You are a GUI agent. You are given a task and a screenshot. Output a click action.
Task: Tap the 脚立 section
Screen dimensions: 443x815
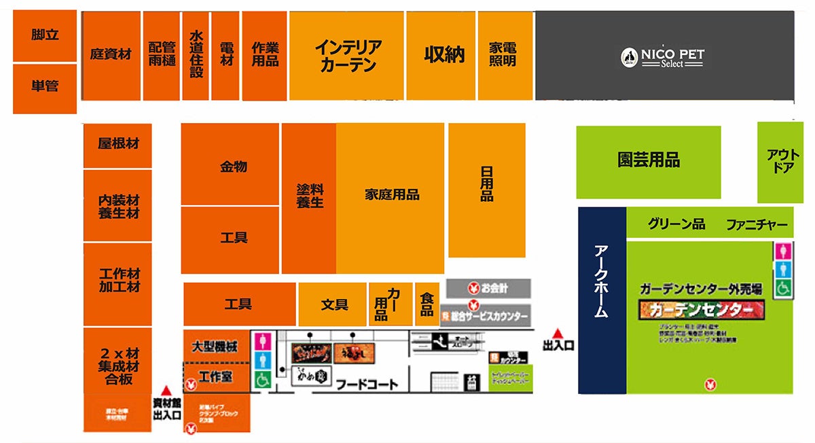(x=45, y=35)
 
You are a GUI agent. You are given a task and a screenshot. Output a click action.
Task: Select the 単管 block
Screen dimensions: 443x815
(x=45, y=87)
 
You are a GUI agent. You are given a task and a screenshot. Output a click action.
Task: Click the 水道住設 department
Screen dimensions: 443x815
(x=196, y=54)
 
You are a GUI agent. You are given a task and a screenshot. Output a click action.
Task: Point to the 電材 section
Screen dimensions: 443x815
(x=225, y=54)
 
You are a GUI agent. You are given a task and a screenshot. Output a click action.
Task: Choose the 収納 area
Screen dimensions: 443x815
(x=444, y=54)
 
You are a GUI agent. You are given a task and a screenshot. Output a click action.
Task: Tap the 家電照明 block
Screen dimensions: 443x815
(x=503, y=54)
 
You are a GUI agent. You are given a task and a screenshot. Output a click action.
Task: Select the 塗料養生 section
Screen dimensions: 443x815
(x=310, y=196)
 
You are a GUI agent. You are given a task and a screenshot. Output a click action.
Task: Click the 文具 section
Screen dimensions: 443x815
(x=333, y=304)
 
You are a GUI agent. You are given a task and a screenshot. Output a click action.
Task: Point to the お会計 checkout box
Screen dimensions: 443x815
(x=488, y=288)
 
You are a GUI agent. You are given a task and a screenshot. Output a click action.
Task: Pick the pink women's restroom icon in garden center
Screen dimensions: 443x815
(x=782, y=251)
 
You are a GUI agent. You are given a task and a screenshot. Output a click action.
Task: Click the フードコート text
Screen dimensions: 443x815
(x=367, y=385)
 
